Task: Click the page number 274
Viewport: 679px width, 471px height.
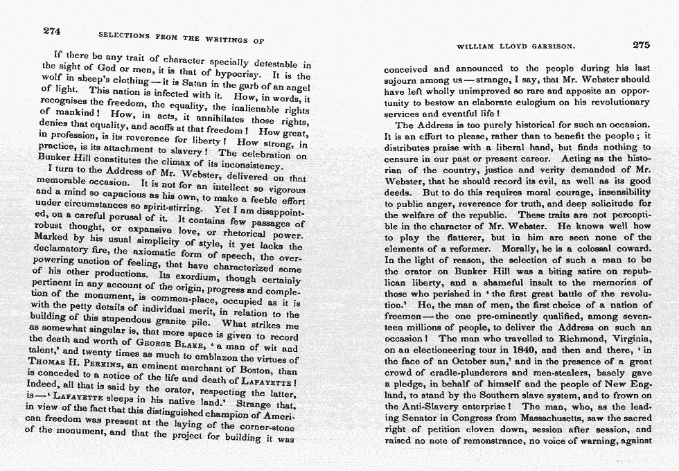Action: [53, 30]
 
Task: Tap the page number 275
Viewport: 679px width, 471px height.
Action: [641, 45]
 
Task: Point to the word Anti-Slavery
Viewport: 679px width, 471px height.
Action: [436, 407]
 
